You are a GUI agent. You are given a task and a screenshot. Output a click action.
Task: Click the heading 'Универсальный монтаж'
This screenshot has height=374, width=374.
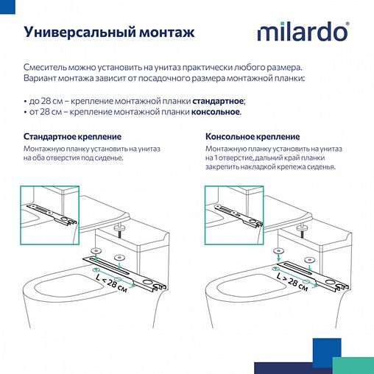(110, 32)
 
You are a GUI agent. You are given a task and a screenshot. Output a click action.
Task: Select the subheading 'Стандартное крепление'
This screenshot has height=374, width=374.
(73, 137)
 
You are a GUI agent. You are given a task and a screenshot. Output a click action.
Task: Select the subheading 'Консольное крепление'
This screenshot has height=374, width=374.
(253, 137)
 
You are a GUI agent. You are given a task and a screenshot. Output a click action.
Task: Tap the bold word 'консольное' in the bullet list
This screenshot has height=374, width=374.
(216, 112)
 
